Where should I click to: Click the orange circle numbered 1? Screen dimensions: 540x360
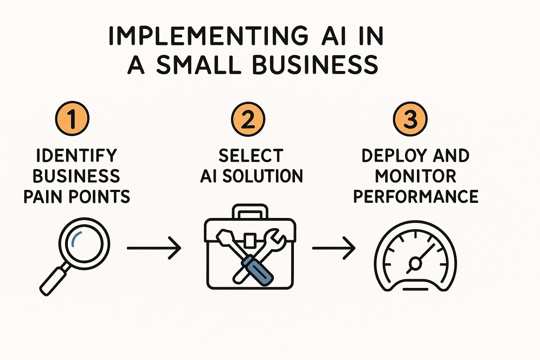[72, 118]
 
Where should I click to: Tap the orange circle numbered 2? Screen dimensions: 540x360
[248, 119]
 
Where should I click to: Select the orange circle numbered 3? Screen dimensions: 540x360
[410, 119]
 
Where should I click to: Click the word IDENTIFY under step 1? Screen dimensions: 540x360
[77, 155]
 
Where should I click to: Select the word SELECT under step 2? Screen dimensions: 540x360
[251, 155]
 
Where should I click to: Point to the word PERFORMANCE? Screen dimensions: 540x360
[416, 196]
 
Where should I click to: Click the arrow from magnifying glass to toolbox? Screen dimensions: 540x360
[154, 247]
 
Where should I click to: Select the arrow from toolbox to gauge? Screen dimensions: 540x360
[334, 248]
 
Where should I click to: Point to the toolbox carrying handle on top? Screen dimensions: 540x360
[250, 211]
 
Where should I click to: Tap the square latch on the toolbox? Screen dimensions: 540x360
[250, 240]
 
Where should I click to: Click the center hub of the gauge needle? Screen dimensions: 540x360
[415, 263]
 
